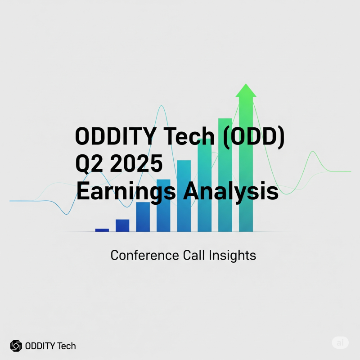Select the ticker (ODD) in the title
tap(251, 136)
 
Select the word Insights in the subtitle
tap(233, 255)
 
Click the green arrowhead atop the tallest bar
tap(246, 90)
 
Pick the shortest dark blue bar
tap(102, 230)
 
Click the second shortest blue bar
tap(122, 225)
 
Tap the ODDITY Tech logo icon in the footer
tap(16, 346)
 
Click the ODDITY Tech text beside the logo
tap(50, 346)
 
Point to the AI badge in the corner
tap(340, 342)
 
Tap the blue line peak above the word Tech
tap(161, 107)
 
